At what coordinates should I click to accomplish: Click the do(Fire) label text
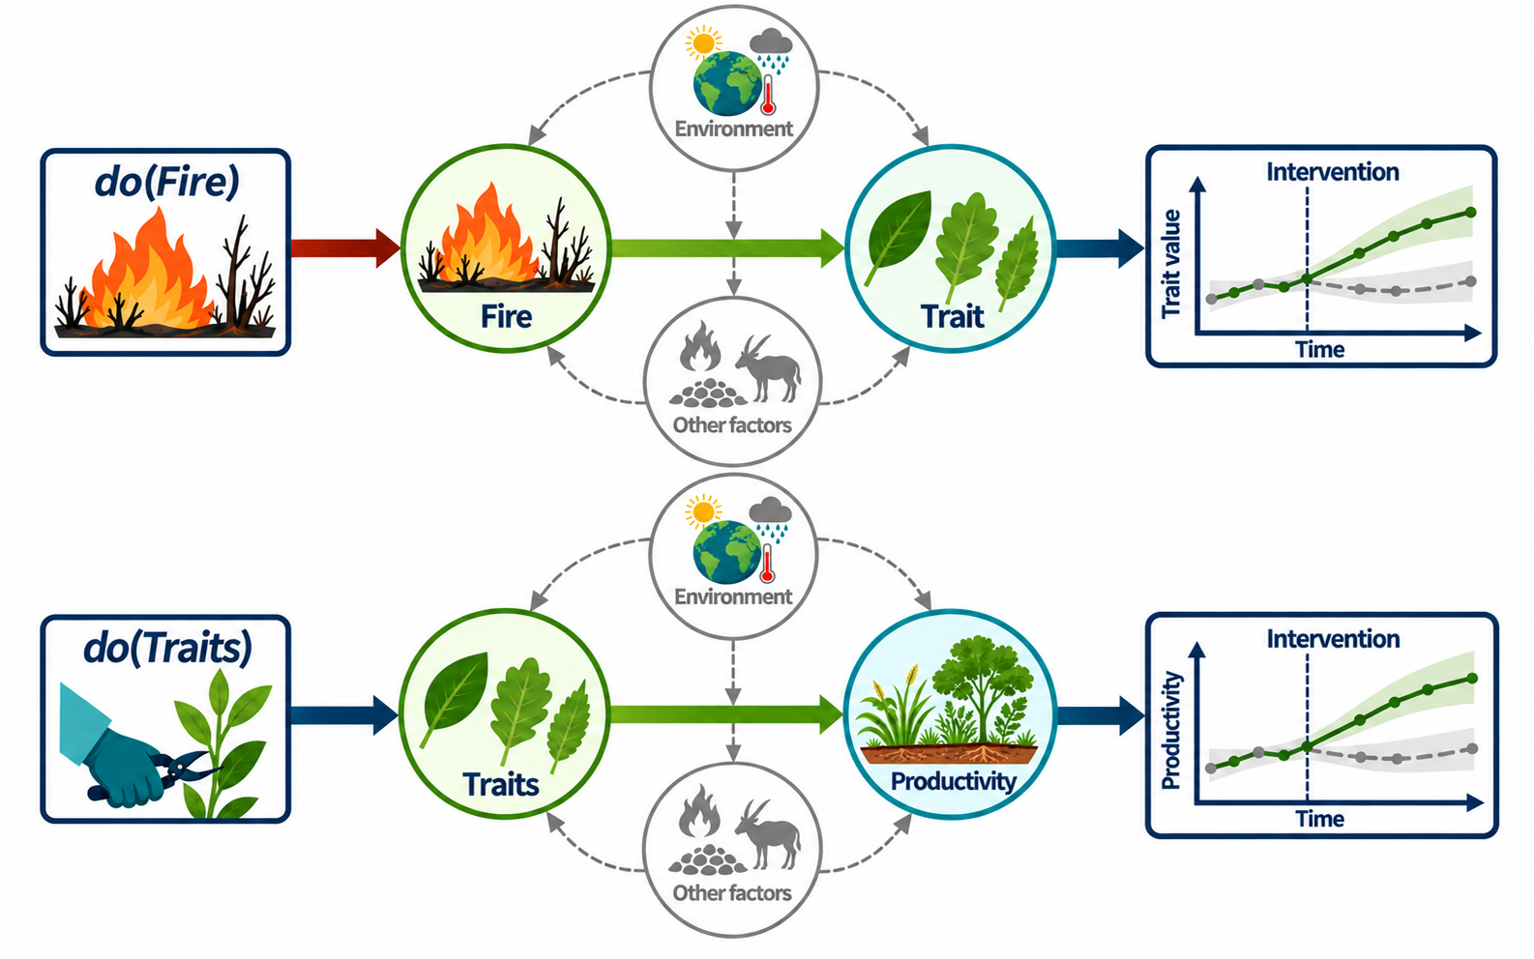coord(167,183)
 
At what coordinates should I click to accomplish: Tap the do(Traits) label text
coord(167,649)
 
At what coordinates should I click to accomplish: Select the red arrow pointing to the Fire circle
coord(345,247)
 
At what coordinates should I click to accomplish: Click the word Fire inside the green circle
coord(506,317)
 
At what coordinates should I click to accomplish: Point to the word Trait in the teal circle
coord(952,317)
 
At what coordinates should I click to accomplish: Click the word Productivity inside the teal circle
coord(954,781)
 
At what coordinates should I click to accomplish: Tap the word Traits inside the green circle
coord(501,784)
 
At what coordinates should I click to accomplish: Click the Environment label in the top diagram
coord(733,129)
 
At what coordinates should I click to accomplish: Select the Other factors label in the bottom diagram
coord(732,892)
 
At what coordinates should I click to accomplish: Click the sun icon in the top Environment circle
coord(703,43)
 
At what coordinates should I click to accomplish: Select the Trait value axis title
coord(1171,264)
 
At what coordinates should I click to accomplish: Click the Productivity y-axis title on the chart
coord(1171,731)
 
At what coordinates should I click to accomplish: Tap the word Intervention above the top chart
coord(1333,172)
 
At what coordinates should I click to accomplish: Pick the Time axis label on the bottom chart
coord(1319,819)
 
